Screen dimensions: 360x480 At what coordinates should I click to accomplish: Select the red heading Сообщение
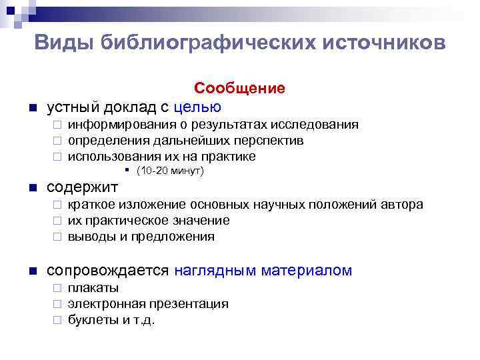pos(239,88)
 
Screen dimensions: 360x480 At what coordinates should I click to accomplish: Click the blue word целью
pos(197,107)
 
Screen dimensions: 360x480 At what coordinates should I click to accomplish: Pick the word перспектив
pos(269,141)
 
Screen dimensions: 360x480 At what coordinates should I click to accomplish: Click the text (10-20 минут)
pos(169,171)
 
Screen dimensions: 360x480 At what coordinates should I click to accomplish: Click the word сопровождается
pos(107,270)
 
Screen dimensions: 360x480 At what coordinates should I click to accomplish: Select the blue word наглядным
pos(215,270)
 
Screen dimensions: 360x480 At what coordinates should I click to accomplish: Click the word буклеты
pos(90,320)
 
